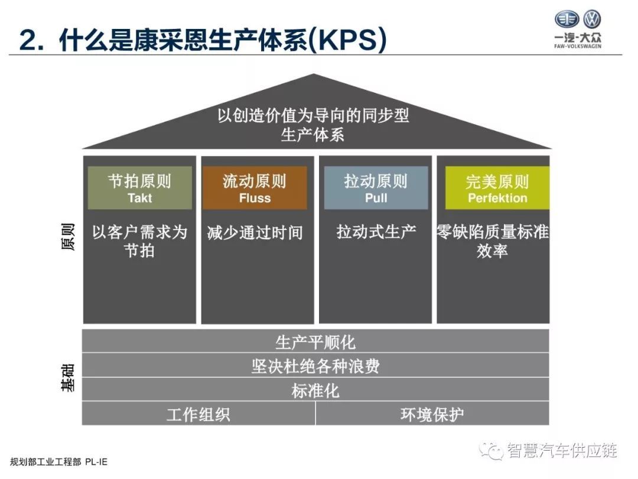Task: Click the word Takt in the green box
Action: (x=139, y=198)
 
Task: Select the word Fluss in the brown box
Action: (x=255, y=198)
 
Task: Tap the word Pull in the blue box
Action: (x=376, y=198)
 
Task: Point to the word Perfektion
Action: (x=497, y=198)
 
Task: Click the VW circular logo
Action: (x=591, y=19)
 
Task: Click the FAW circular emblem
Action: (x=567, y=19)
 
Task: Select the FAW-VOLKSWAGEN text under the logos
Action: (x=577, y=46)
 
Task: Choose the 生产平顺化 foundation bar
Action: (x=315, y=341)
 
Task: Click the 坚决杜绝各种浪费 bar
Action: (x=315, y=365)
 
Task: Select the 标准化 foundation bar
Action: (x=315, y=390)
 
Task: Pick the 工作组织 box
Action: (x=198, y=414)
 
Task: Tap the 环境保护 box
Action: (x=432, y=414)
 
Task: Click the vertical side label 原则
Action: (x=68, y=237)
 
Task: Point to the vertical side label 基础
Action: (x=68, y=378)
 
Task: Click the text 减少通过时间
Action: (x=255, y=232)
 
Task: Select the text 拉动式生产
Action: (x=376, y=231)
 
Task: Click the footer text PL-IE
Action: (x=96, y=462)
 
